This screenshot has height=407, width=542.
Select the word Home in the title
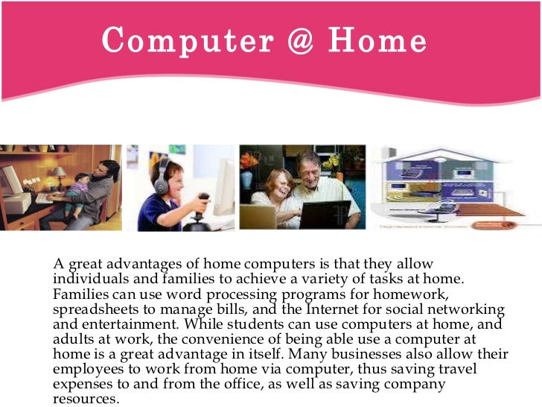click(x=380, y=41)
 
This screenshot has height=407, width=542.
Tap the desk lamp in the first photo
click(x=59, y=176)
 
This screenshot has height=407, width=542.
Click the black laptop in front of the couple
click(x=325, y=214)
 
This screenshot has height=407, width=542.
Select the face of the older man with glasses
click(x=307, y=165)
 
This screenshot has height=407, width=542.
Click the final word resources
click(x=84, y=398)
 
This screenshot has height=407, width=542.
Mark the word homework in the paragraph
click(x=411, y=294)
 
